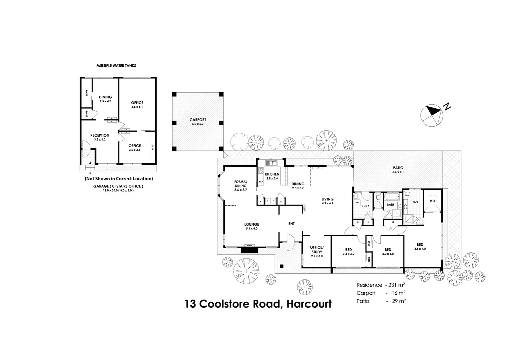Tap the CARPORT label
tap(198, 120)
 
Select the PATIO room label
tap(398, 168)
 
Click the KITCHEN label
tap(272, 174)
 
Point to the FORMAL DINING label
tap(241, 184)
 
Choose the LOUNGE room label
tap(252, 224)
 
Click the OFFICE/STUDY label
tap(316, 249)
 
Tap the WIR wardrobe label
tap(432, 201)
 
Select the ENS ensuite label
tap(415, 202)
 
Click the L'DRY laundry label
tap(365, 206)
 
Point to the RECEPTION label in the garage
tap(100, 135)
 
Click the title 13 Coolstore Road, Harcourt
tap(258, 304)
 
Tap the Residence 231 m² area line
tap(380, 285)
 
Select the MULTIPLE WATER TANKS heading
tap(116, 66)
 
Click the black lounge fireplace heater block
tap(249, 250)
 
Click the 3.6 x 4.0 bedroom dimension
tap(420, 249)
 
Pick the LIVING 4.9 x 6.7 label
tap(327, 201)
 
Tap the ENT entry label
tap(291, 224)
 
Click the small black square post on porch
tap(281, 266)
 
